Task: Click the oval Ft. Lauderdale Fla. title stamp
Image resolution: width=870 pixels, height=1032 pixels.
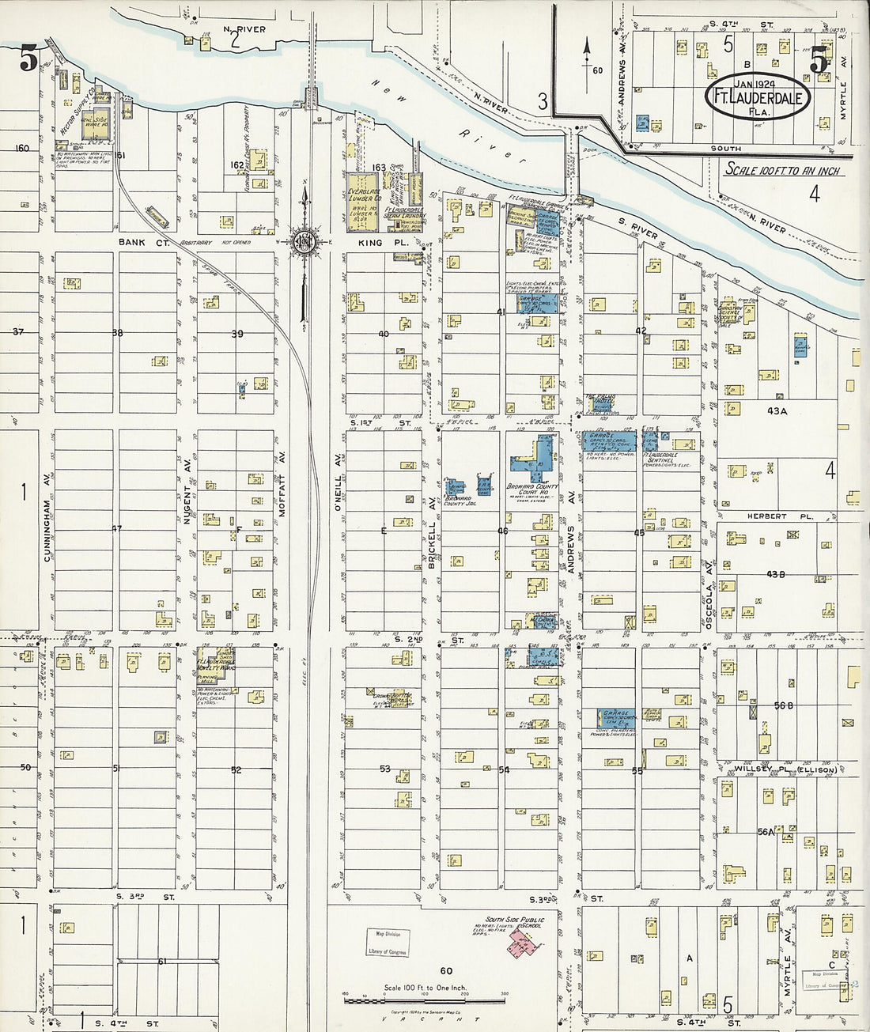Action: [758, 97]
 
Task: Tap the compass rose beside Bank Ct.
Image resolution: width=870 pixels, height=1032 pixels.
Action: [303, 241]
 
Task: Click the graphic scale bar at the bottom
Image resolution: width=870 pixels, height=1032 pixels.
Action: [424, 1000]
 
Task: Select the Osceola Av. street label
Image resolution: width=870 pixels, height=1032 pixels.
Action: [709, 592]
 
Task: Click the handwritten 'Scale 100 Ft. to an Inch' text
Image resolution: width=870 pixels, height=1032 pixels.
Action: [783, 170]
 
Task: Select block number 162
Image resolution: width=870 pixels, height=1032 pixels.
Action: [236, 165]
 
